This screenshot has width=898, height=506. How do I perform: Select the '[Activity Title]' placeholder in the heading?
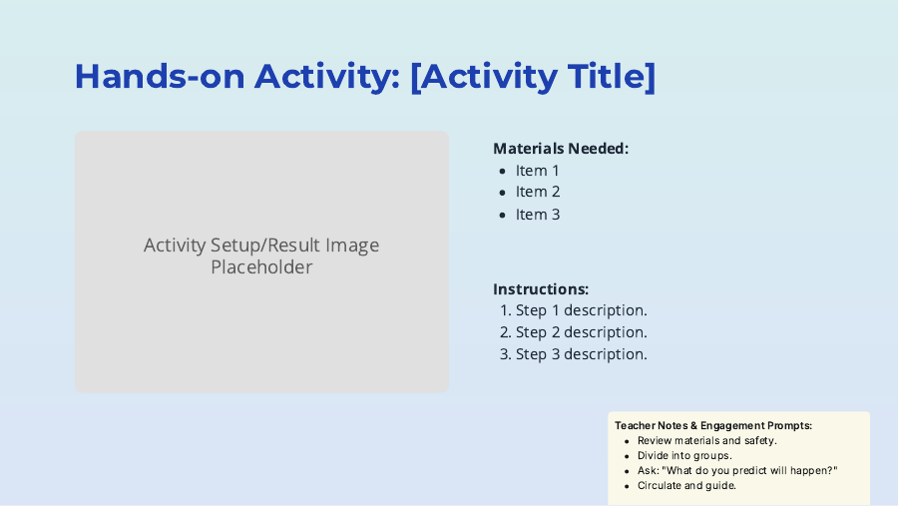coord(533,77)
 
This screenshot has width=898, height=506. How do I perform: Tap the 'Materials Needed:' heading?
coord(561,149)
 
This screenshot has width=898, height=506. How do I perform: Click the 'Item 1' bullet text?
coord(538,171)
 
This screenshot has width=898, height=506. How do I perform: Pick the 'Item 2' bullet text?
coord(538,192)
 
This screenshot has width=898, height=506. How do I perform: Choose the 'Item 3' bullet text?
coord(538,215)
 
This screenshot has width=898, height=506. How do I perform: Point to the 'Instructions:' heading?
coord(541,289)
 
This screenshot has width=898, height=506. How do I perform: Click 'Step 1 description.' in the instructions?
coord(581,310)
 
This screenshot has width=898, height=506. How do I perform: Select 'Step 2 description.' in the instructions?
coord(581,332)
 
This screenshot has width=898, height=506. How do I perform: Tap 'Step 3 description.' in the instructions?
coord(581,354)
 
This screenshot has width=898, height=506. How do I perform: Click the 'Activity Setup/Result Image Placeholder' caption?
coord(261,256)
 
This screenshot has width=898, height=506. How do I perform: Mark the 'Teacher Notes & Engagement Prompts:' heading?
coord(713,425)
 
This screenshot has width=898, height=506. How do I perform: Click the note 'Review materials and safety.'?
coord(706,440)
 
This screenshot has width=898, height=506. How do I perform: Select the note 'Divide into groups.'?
coord(684,455)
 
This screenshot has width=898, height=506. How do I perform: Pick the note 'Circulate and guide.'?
coord(686,486)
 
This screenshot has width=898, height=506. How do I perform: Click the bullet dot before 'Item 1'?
coord(503,172)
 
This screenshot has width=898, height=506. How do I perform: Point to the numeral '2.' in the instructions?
coord(506,332)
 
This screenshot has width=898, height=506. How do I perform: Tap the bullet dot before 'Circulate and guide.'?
coord(626,486)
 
